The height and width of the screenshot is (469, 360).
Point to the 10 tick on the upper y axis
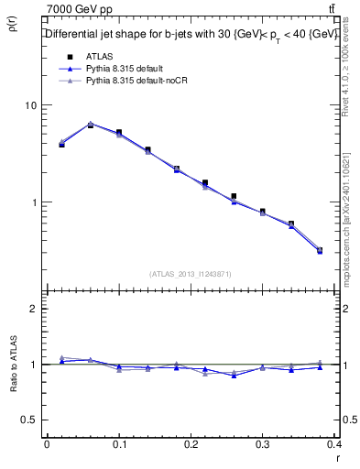[x=29, y=105]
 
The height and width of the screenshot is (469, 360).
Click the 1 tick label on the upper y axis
[x=33, y=202]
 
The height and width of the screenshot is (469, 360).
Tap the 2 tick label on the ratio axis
[x=33, y=309]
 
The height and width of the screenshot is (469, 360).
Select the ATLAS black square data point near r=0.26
[x=235, y=196]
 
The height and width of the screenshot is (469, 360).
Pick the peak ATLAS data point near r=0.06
[x=90, y=125]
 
